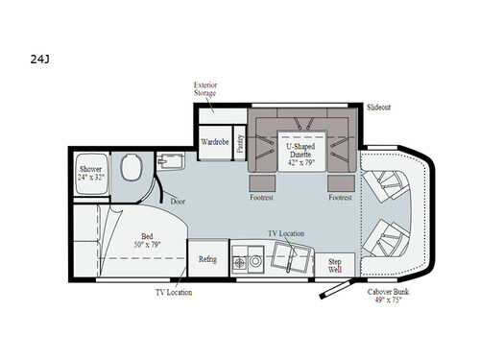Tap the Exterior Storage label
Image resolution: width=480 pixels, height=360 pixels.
(205, 89)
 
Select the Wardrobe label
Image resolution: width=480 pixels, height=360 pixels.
(213, 142)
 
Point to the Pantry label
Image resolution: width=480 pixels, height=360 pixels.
(239, 141)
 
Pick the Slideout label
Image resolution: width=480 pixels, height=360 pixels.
(379, 106)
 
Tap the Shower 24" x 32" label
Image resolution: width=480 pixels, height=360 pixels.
(93, 175)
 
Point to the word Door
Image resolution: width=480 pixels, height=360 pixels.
(179, 201)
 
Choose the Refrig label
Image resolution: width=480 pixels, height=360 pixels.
(207, 259)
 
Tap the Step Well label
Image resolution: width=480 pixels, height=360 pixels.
(336, 264)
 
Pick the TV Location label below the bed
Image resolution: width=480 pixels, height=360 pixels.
(173, 291)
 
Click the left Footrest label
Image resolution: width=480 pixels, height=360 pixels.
(262, 198)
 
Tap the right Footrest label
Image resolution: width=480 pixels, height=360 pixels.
(338, 198)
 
